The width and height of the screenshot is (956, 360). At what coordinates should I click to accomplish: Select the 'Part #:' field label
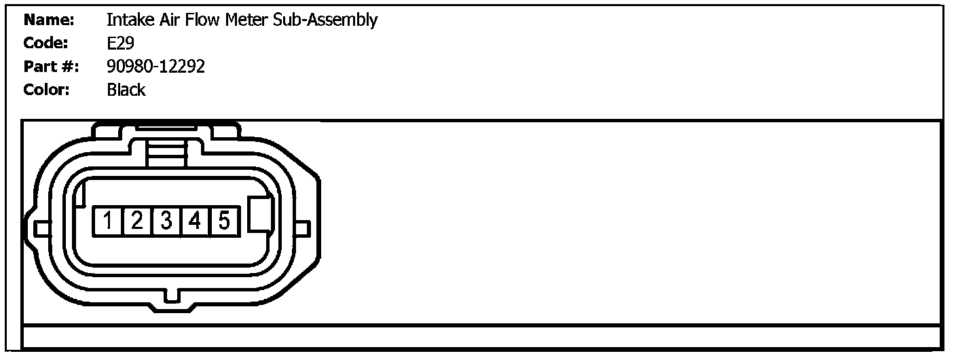click(x=51, y=67)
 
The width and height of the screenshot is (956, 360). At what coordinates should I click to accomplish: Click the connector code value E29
click(x=121, y=43)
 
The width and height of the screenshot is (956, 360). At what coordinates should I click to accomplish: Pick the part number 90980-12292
click(x=156, y=67)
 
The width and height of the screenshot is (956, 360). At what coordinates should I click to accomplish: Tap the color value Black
click(x=126, y=90)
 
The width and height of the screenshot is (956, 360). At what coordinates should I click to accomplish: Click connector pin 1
click(x=108, y=221)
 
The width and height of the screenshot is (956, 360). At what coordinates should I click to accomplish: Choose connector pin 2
click(x=137, y=221)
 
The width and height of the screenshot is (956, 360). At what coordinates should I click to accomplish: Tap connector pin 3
click(x=166, y=221)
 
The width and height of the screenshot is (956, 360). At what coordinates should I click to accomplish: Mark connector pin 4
click(x=196, y=221)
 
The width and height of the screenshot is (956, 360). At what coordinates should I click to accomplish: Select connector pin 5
click(x=225, y=221)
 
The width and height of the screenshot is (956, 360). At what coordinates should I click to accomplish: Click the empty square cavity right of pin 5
click(x=260, y=215)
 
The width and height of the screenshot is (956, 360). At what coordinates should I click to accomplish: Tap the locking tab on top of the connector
click(x=167, y=146)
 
